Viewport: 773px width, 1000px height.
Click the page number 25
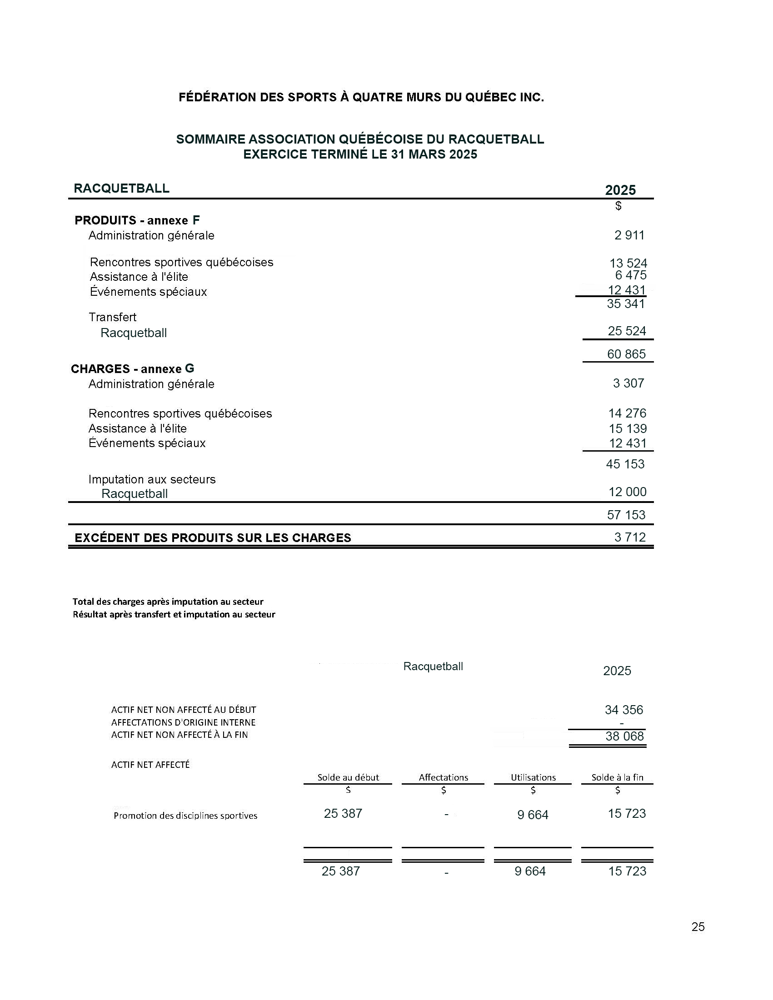(698, 927)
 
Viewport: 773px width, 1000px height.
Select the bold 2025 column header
(620, 190)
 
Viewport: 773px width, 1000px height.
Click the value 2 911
(629, 235)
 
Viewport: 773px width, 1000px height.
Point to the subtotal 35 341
(626, 303)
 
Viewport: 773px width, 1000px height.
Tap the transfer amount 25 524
(627, 331)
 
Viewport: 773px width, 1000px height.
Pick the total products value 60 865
(626, 354)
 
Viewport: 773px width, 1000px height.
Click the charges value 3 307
(628, 383)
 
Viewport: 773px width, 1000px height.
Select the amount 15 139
(628, 428)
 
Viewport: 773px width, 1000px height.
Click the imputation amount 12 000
(628, 492)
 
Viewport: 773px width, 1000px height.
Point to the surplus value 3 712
(630, 537)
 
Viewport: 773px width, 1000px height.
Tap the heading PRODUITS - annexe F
(137, 220)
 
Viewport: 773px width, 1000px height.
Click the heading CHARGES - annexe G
(132, 368)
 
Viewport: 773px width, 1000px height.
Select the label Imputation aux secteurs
(152, 479)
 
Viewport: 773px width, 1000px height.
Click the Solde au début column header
(348, 777)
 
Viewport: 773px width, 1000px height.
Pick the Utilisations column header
(533, 777)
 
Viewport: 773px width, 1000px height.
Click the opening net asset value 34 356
(623, 710)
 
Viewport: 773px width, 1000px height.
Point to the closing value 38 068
(624, 736)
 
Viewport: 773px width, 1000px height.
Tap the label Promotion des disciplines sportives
(185, 816)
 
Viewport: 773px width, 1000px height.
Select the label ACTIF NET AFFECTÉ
(150, 764)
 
